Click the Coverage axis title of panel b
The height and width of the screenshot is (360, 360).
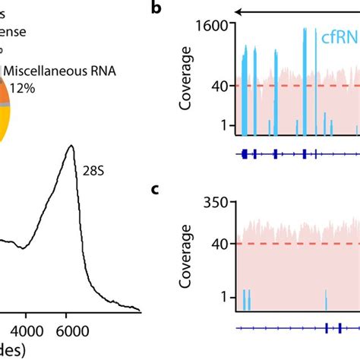[185, 78]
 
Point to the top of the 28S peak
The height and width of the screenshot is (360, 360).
[71, 146]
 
